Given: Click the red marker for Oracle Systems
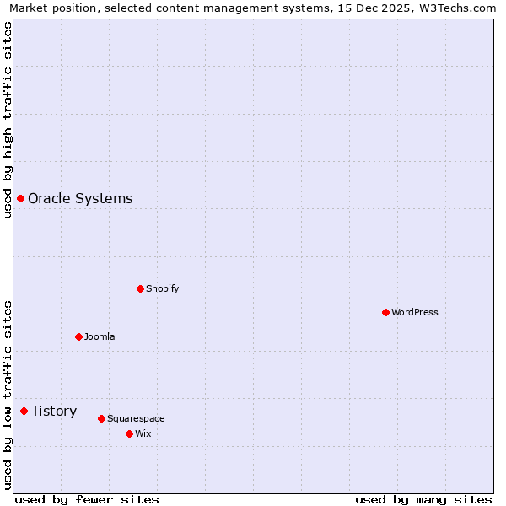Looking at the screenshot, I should point(20,198).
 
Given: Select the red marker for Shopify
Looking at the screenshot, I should point(140,288).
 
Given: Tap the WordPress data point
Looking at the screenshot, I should point(385,312).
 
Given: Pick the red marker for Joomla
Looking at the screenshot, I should point(78,336).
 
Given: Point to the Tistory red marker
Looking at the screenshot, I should point(24,411).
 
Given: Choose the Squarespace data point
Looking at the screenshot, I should point(101,418).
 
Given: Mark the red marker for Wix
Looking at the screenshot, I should point(129,433).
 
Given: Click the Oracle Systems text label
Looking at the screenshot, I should point(80,198).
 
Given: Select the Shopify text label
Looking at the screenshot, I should point(162,288).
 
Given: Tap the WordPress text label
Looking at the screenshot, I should point(414,312).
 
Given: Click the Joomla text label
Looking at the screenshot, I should point(100,336).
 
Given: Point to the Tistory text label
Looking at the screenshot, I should point(54,411).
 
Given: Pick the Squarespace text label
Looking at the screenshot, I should point(136,418).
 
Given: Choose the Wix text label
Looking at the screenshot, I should point(143,433).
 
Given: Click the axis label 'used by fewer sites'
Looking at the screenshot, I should point(87,499).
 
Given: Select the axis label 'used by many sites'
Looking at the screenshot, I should point(423,499).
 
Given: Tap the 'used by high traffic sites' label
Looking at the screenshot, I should point(8,120).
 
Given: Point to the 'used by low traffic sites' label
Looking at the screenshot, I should point(8,394).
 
